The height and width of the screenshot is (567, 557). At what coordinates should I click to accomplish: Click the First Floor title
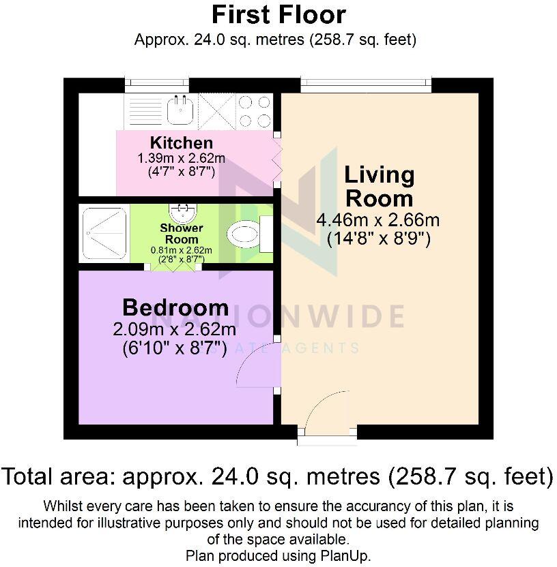[x=278, y=14]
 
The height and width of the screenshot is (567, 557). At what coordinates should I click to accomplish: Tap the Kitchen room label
[x=182, y=143]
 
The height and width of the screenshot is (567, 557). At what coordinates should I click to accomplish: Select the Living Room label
[x=379, y=186]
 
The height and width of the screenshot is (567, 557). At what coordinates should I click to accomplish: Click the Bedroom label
[x=175, y=307]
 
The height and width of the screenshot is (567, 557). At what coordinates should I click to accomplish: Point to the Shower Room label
[x=182, y=233]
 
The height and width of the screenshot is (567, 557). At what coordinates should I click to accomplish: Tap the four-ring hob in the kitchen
[x=254, y=111]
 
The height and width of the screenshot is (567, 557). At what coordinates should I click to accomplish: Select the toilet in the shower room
[x=244, y=235]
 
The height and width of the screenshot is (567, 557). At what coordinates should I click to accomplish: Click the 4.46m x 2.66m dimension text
[x=377, y=220]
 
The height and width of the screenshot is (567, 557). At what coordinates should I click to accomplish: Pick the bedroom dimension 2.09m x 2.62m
[x=175, y=330]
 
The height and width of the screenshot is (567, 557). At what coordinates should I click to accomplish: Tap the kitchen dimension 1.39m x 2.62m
[x=182, y=158]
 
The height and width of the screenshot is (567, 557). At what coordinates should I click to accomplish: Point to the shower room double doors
[x=171, y=266]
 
